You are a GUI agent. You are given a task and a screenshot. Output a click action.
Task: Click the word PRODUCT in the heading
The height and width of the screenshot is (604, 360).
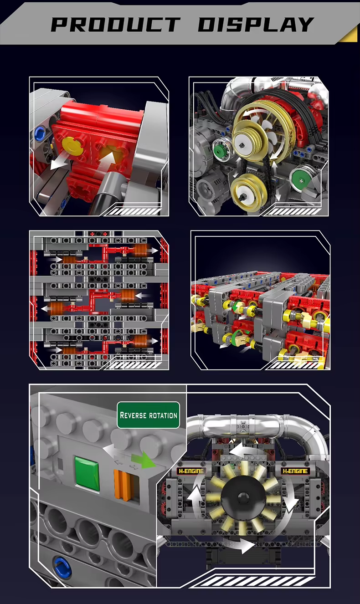116,24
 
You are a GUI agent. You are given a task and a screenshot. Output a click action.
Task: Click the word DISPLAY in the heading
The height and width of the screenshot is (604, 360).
256,24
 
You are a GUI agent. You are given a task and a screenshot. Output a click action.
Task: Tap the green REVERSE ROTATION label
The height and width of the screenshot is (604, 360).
148,415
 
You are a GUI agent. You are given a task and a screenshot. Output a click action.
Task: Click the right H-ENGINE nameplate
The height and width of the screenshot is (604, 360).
295,471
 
